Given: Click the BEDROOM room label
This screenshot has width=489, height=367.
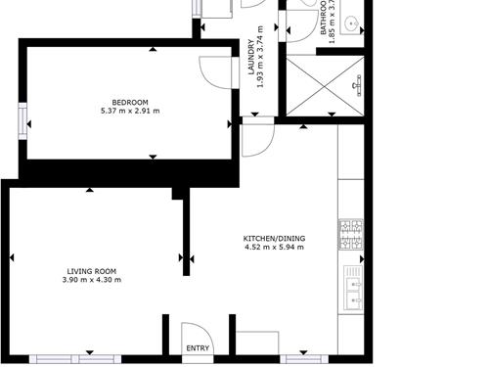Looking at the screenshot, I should pyautogui.click(x=129, y=102).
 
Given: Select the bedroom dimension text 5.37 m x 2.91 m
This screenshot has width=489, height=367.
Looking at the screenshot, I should pyautogui.click(x=129, y=111).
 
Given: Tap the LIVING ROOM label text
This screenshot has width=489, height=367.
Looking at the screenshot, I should pyautogui.click(x=91, y=271).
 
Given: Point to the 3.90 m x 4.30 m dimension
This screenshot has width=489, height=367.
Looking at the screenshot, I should pyautogui.click(x=91, y=280).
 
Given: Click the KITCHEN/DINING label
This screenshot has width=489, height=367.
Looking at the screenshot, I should pyautogui.click(x=274, y=239).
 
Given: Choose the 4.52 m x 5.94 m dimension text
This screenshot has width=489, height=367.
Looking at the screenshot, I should pyautogui.click(x=274, y=248).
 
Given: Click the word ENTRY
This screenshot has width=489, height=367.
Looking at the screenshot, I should pyautogui.click(x=197, y=348).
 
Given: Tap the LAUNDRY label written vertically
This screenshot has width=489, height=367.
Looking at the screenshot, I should pyautogui.click(x=251, y=58).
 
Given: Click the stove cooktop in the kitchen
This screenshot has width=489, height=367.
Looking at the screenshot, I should pyautogui.click(x=350, y=232).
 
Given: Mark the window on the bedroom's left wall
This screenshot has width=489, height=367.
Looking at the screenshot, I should pyautogui.click(x=21, y=122).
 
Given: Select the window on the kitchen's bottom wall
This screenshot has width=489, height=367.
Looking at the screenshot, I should pyautogui.click(x=303, y=357).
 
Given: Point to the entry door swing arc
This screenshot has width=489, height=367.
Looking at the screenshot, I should pyautogui.click(x=193, y=333).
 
